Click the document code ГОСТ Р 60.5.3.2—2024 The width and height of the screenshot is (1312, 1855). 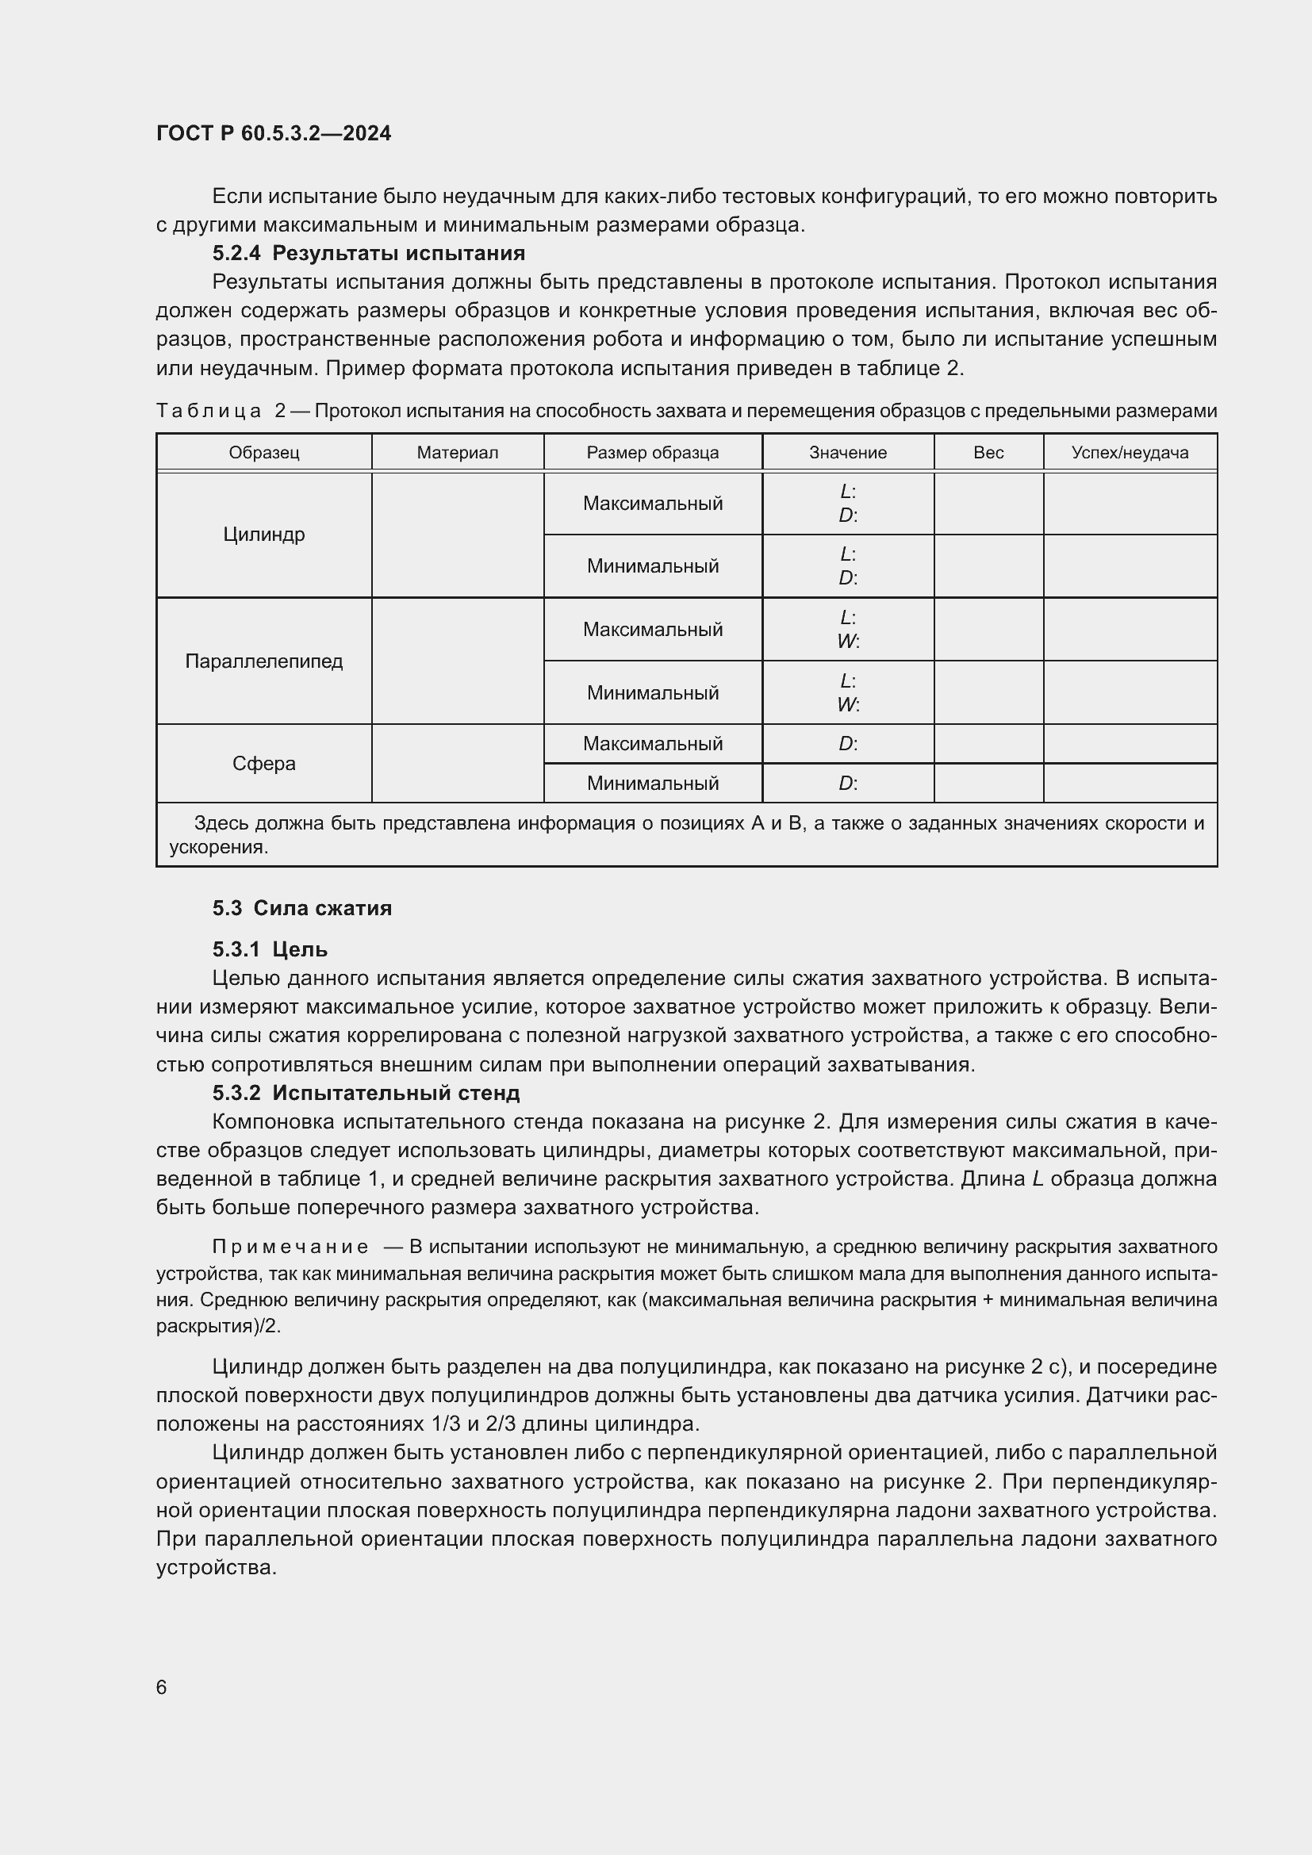coord(273,133)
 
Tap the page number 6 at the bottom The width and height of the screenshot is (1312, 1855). coord(162,1687)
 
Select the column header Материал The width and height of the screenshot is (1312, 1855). coord(457,452)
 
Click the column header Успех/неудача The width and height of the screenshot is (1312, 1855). coord(1130,452)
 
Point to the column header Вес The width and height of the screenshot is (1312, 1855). coord(988,452)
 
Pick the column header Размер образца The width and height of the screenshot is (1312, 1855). coord(652,452)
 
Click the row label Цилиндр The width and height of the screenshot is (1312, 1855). coord(263,535)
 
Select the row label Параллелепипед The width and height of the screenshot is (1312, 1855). coord(263,661)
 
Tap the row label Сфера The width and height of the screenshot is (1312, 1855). coord(263,764)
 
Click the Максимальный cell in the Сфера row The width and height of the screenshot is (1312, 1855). coord(652,743)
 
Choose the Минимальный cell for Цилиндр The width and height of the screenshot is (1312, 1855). coord(652,565)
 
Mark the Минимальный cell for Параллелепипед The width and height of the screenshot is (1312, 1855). coord(652,692)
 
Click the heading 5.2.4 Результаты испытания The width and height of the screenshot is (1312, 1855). coord(368,254)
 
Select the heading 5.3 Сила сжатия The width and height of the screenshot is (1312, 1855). coord(302,908)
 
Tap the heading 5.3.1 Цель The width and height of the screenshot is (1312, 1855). coord(270,949)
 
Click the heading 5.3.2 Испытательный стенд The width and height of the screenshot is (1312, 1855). coord(366,1093)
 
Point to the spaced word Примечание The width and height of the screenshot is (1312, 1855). coord(290,1247)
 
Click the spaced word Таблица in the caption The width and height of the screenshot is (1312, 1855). coord(209,412)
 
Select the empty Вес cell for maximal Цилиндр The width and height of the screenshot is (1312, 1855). coord(988,504)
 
